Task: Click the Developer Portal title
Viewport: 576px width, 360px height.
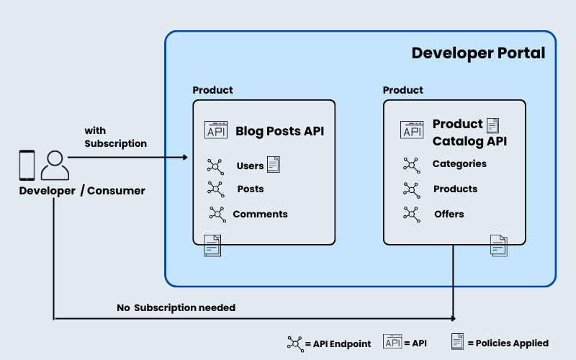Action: (478, 53)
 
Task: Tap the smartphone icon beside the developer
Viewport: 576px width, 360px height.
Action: (27, 165)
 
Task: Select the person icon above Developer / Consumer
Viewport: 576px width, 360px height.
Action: (55, 166)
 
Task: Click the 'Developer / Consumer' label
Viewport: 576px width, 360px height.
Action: (82, 191)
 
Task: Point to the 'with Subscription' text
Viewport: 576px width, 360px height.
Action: (115, 137)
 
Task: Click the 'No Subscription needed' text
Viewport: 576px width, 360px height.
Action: (176, 307)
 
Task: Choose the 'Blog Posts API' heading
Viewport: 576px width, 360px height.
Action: (279, 131)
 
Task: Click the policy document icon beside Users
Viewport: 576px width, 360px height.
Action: (274, 164)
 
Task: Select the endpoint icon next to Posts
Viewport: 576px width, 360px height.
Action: (215, 189)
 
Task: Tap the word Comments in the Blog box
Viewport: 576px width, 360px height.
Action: (260, 214)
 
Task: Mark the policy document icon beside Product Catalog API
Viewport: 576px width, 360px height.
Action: (493, 126)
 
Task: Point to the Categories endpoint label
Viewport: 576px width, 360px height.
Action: (459, 164)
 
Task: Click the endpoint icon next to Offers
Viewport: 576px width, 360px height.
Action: (412, 214)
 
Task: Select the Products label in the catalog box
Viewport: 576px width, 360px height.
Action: (455, 189)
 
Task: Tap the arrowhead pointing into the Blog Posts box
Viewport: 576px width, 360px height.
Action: (184, 157)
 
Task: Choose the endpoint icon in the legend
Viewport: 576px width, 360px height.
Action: (295, 343)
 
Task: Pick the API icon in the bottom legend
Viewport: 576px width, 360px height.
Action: (393, 343)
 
